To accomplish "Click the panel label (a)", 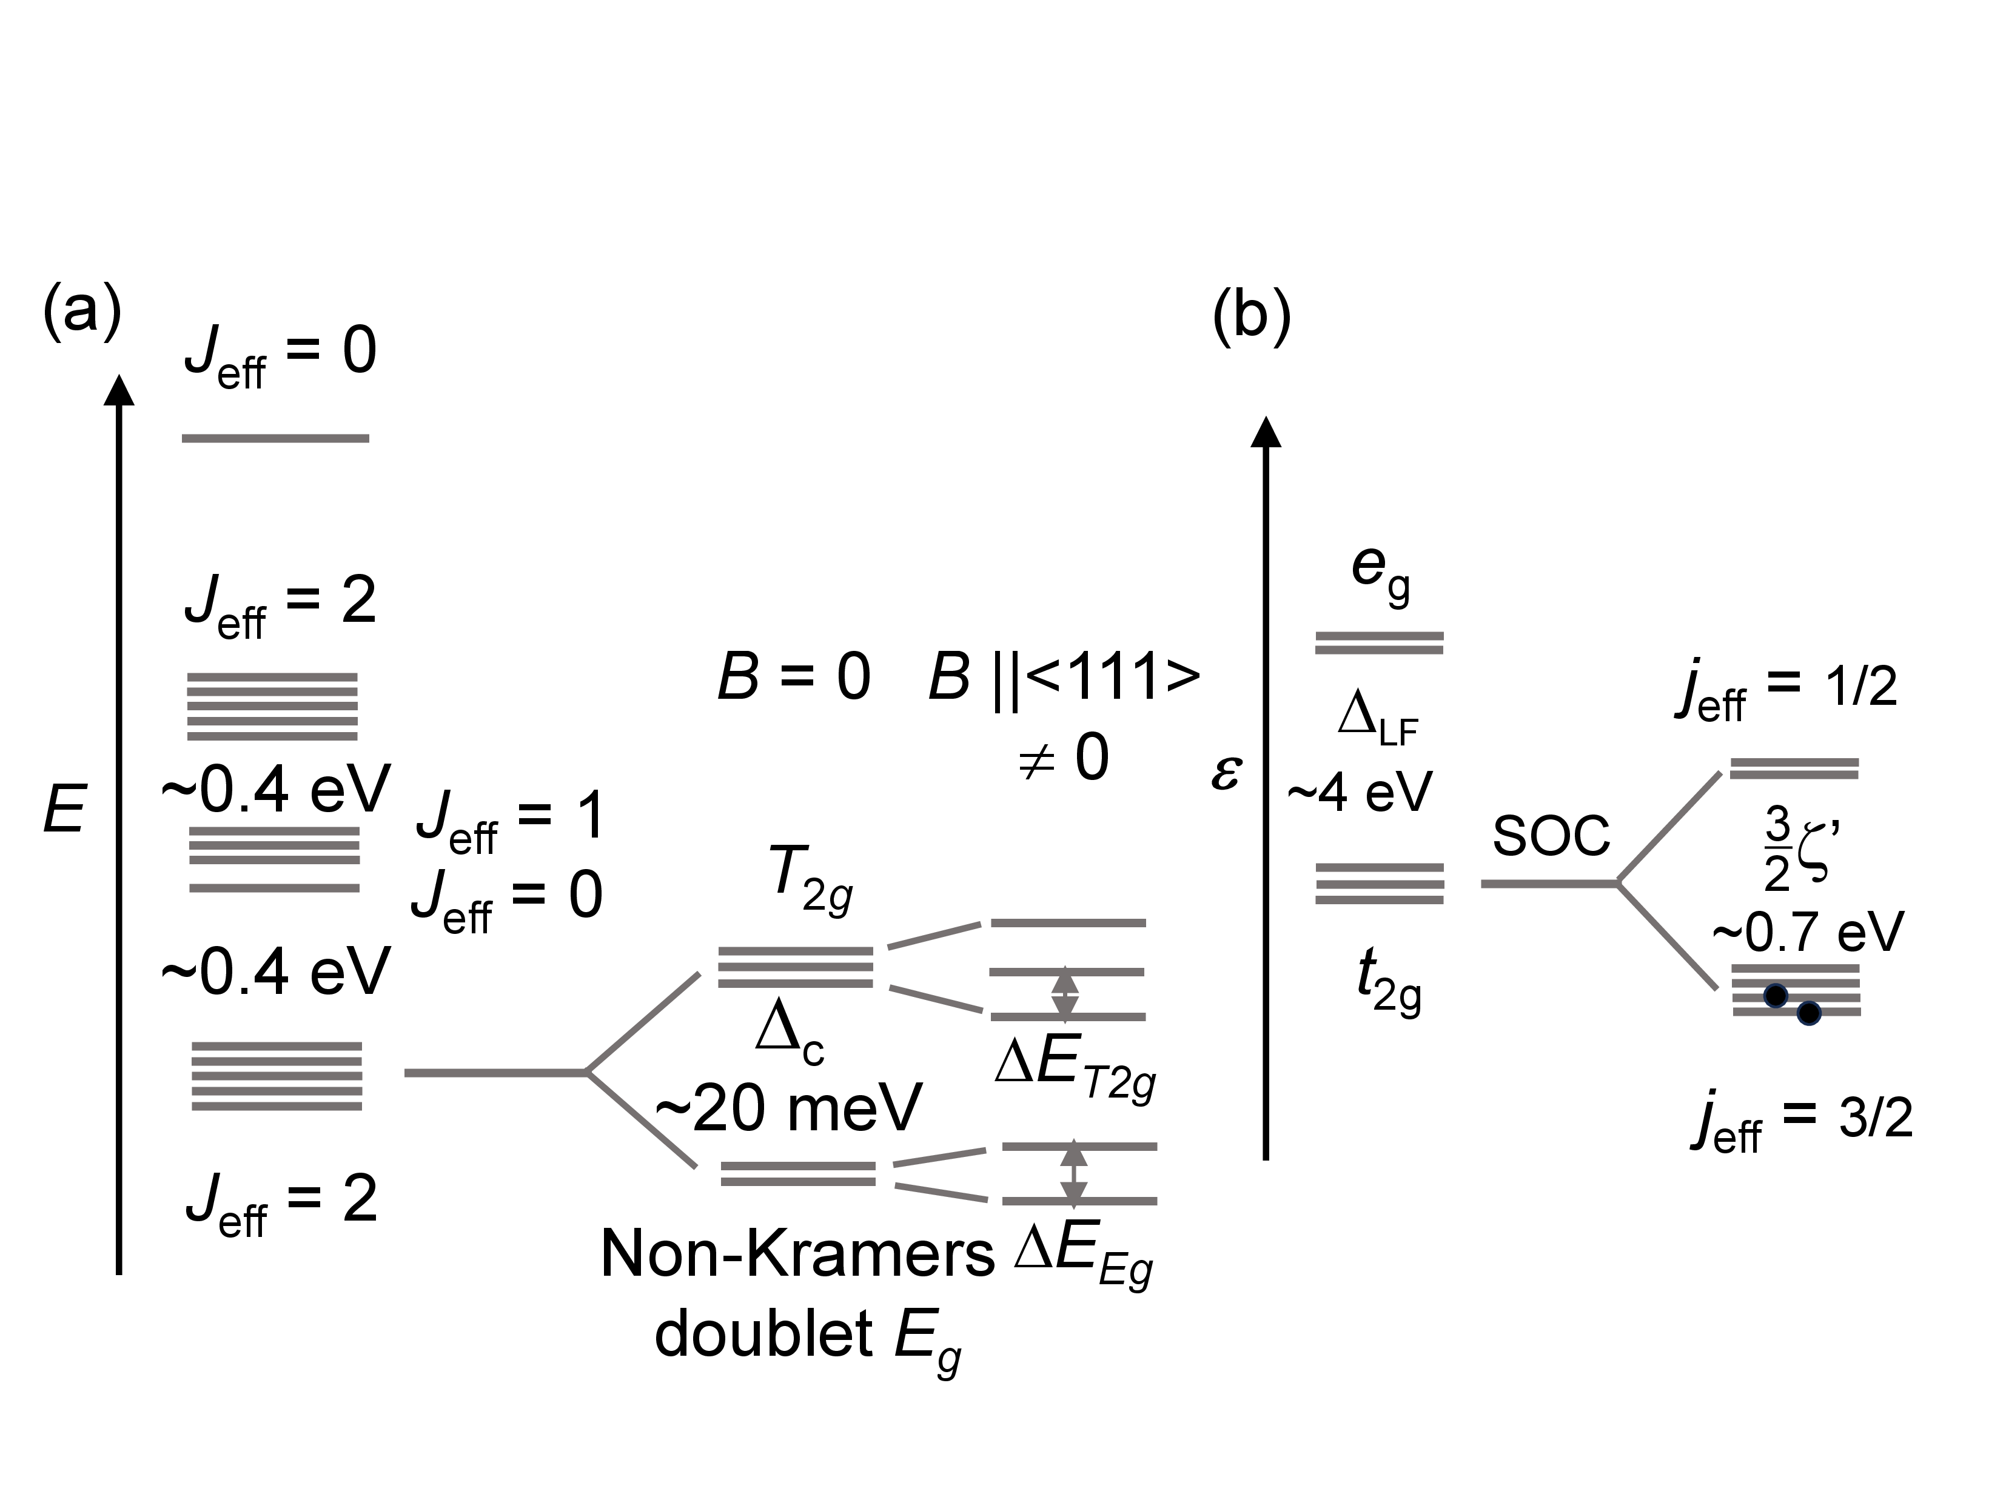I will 82,311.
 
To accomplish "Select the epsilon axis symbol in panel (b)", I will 1225,771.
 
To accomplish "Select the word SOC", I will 1551,835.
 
